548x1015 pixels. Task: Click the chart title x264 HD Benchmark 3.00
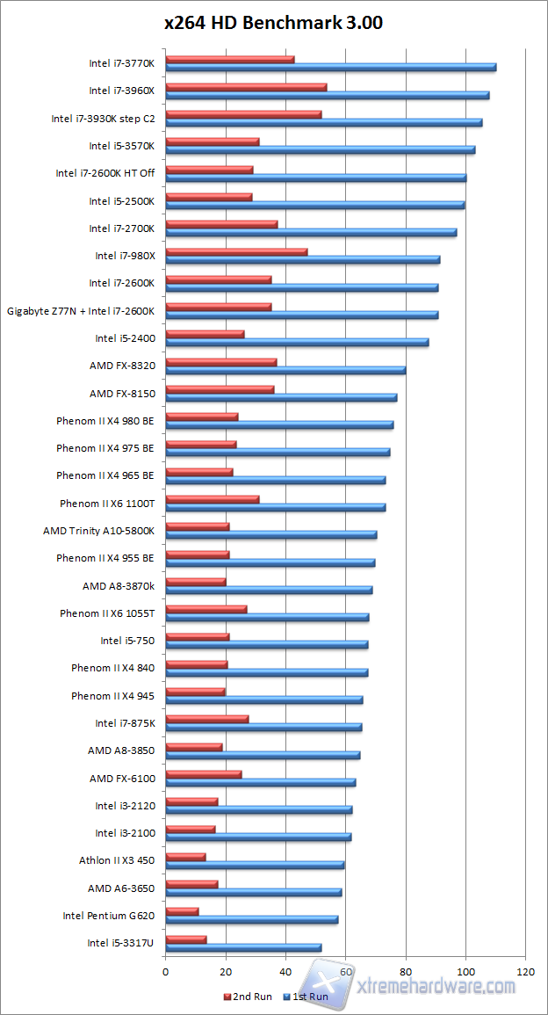coord(273,24)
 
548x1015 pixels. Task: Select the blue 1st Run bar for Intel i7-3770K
coord(330,68)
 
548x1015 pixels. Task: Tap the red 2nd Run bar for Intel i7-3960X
coord(246,87)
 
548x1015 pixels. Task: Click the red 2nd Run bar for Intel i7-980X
coord(236,251)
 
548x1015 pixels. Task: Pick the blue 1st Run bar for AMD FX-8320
coord(285,370)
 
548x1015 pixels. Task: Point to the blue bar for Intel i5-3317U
coord(243,947)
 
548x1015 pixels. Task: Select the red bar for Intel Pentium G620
coord(182,911)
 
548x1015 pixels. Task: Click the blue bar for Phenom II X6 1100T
coord(276,507)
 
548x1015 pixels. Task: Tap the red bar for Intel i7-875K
coord(207,719)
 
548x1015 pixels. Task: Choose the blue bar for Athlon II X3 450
coord(255,865)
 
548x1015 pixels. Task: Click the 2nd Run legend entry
coord(249,997)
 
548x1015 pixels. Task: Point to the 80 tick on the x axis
coord(406,972)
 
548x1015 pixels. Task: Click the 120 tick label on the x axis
coord(525,972)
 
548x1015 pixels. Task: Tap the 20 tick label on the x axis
coord(226,972)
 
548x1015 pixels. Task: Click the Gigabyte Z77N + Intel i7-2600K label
coord(81,311)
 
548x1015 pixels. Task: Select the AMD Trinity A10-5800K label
coord(99,531)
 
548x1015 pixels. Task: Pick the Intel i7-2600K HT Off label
coord(105,173)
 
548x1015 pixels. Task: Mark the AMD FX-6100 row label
coord(122,779)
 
